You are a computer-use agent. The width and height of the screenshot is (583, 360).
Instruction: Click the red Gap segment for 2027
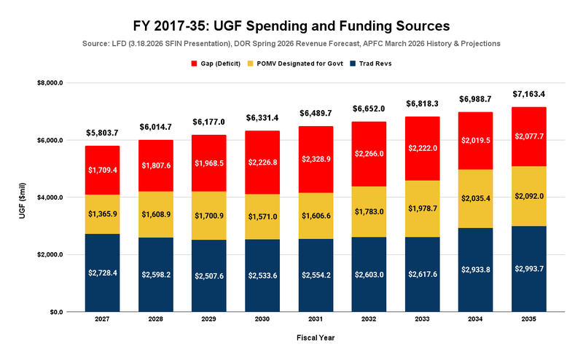coord(102,170)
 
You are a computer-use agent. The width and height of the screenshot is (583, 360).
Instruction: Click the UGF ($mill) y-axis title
coord(19,197)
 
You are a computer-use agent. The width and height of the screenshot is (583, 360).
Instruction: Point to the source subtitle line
coord(291,44)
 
